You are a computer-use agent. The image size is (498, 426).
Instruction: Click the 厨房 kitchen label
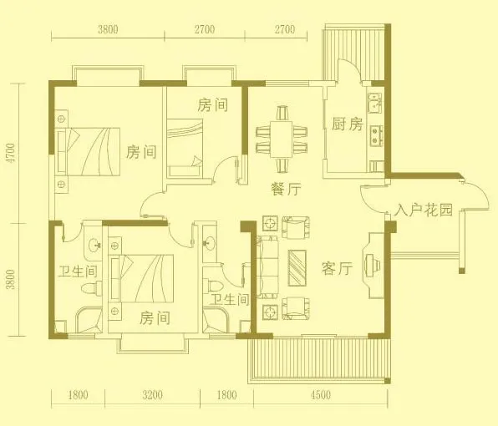[x=347, y=124]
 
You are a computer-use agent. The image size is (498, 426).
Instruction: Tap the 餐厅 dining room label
[x=286, y=189]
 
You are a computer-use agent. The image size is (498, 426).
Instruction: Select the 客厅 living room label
[x=337, y=269]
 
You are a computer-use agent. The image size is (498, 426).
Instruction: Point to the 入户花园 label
[x=424, y=210]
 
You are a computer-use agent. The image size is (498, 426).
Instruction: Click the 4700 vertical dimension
[x=11, y=154]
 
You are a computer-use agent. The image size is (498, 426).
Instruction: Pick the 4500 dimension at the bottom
[x=321, y=395]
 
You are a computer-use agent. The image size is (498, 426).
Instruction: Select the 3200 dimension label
[x=152, y=395]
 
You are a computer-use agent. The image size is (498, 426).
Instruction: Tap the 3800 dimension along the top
[x=108, y=29]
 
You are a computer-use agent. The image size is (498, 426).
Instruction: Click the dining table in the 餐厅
[x=282, y=139]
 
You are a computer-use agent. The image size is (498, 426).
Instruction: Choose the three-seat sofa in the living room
[x=267, y=267]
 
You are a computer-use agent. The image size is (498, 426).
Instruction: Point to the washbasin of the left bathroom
[x=95, y=245]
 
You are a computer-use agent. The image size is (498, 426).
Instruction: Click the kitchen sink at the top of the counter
[x=375, y=103]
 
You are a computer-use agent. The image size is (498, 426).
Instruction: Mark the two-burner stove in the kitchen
[x=376, y=136]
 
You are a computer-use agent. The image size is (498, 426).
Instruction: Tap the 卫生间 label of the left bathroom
[x=79, y=271]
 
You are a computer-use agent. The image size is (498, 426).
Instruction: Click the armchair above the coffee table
[x=296, y=226]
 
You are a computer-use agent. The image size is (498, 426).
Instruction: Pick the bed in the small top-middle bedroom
[x=185, y=148]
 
